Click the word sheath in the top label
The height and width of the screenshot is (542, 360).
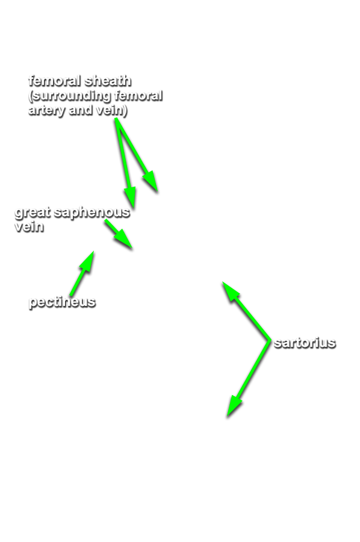click(107, 80)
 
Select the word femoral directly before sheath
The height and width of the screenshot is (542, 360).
click(55, 80)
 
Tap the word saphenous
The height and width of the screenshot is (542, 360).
click(92, 212)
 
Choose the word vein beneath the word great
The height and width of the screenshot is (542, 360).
click(29, 226)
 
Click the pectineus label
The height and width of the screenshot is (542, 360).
click(62, 302)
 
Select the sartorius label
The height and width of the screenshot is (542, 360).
click(305, 343)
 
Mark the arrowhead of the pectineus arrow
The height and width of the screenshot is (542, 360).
click(88, 260)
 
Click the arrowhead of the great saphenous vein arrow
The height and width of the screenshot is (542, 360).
click(125, 240)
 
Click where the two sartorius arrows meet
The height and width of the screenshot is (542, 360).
click(269, 341)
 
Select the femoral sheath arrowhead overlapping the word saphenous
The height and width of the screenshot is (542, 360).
click(131, 198)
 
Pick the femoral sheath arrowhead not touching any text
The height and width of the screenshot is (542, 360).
click(151, 181)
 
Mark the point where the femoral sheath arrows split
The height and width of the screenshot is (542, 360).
click(116, 120)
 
